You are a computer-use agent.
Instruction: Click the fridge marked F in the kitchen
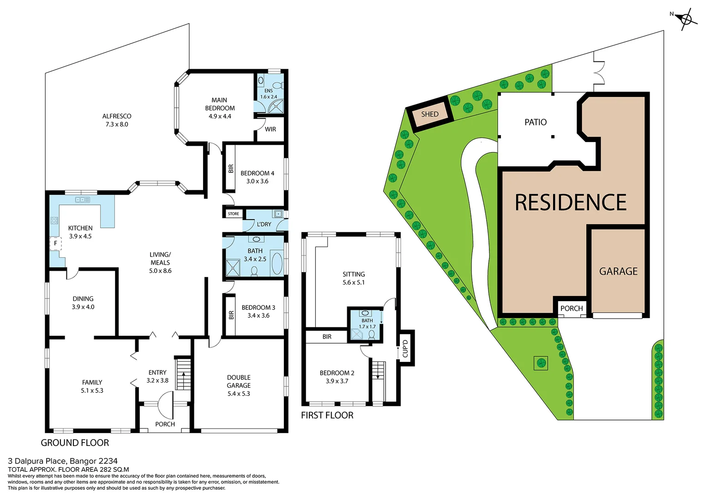(x=55, y=243)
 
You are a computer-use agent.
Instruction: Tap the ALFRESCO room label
(x=117, y=116)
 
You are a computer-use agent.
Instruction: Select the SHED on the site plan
(x=429, y=114)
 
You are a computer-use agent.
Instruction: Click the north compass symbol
(x=686, y=19)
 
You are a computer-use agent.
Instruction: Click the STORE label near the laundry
(x=233, y=214)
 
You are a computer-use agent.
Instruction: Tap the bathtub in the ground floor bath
(x=277, y=263)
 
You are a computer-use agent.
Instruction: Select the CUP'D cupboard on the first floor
(x=405, y=349)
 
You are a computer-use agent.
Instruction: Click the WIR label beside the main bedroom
(x=271, y=130)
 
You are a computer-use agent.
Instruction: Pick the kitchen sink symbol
(x=82, y=200)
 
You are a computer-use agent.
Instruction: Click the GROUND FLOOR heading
(x=75, y=443)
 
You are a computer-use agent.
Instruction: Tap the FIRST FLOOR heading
(x=327, y=415)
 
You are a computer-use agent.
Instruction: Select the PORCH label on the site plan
(x=572, y=308)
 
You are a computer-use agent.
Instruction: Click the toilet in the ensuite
(x=277, y=85)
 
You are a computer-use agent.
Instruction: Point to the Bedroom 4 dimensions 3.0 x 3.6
(x=257, y=181)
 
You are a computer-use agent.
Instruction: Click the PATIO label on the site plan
(x=536, y=122)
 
